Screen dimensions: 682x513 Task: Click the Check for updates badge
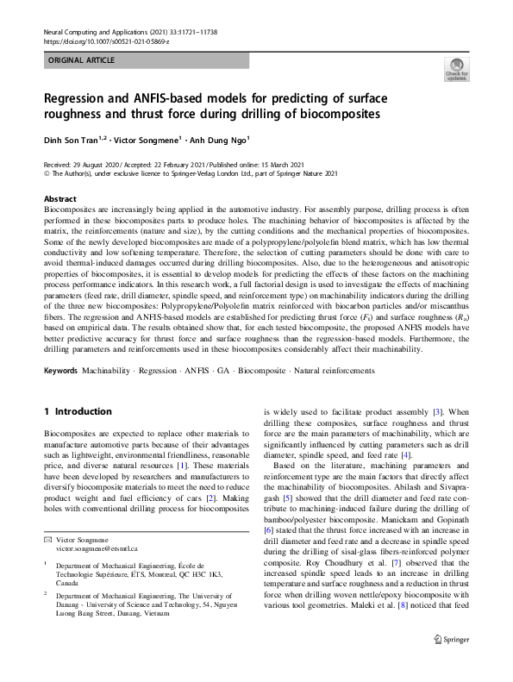click(x=456, y=70)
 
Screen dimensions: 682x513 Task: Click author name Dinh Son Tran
click(x=72, y=140)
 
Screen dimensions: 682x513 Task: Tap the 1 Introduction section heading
click(x=78, y=411)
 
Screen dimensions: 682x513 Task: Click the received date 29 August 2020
click(x=98, y=164)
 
